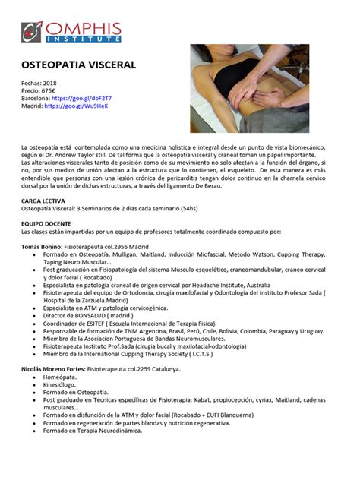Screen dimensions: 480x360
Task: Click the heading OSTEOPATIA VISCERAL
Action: (x=74, y=66)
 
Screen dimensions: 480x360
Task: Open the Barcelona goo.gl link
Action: (x=75, y=99)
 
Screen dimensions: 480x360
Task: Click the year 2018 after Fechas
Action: (x=52, y=82)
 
